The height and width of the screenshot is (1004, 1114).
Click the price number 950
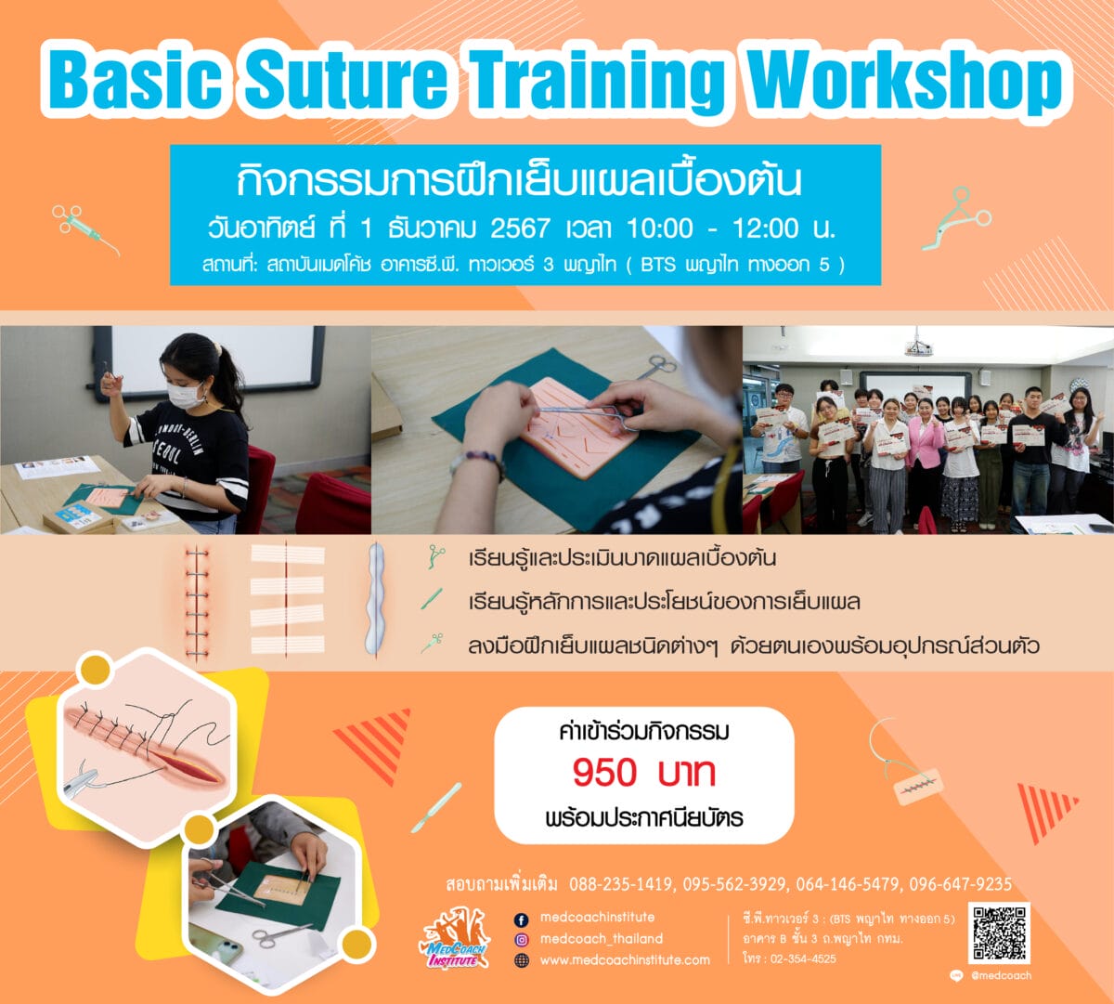point(604,773)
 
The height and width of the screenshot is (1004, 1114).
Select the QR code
point(999,932)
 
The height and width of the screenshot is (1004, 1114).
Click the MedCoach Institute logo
point(455,940)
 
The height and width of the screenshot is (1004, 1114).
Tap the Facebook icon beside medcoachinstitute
point(521,920)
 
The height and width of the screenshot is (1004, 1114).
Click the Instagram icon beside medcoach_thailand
point(521,940)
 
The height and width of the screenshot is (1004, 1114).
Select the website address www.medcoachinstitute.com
point(625,959)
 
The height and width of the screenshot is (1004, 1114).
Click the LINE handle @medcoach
point(1002,975)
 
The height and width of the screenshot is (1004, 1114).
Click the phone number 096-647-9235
point(960,884)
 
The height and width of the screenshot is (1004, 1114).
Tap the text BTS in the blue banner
point(658,265)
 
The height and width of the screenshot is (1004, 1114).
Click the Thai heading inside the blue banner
point(519,181)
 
